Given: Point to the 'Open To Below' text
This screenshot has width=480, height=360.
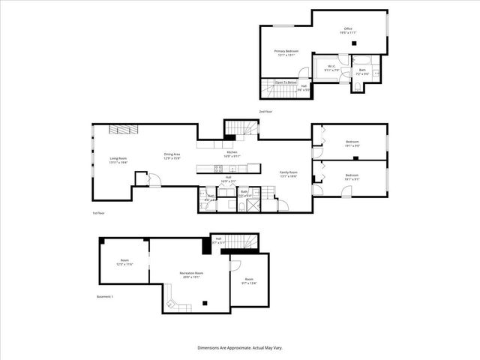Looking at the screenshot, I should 286,82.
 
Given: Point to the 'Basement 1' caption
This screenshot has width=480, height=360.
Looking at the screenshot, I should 105,297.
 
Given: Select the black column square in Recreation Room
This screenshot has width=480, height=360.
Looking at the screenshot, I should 205,303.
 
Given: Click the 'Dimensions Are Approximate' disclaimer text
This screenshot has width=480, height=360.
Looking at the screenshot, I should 240,348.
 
